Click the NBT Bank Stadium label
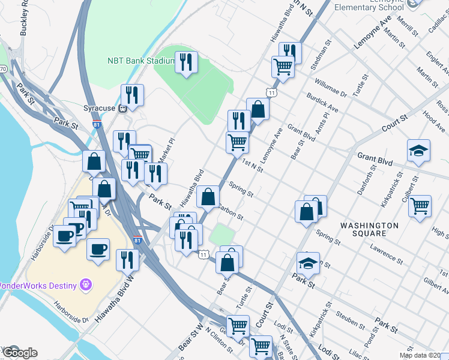(140, 61)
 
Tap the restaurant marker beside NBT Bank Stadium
(186, 62)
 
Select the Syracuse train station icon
(122, 109)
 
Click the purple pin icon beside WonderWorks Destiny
(86, 283)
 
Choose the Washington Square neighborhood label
(370, 229)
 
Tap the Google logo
(19, 353)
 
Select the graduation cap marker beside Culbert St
(418, 151)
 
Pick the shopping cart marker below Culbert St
(420, 205)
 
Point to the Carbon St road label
(230, 212)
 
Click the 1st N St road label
(252, 166)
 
